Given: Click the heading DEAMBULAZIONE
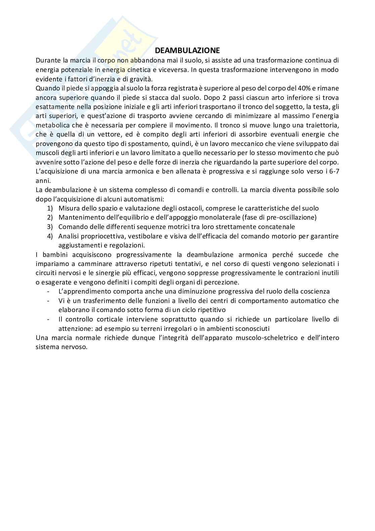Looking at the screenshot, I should click(187, 50).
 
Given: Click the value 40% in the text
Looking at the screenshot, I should click(304, 88).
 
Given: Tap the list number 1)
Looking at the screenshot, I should click(50, 208).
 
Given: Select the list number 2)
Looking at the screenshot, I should click(50, 217).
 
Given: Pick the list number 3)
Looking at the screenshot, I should click(50, 227).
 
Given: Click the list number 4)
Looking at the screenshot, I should click(50, 236).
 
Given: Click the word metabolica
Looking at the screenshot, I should click(50, 125).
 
